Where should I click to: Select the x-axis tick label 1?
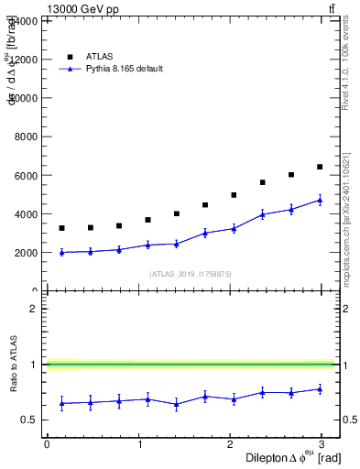click(x=140, y=444)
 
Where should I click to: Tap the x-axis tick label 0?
click(x=47, y=444)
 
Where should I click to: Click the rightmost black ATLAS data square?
click(x=320, y=167)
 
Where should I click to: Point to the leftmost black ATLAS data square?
click(x=61, y=228)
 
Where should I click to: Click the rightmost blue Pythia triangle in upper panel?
click(x=320, y=200)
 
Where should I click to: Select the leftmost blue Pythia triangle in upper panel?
click(x=61, y=252)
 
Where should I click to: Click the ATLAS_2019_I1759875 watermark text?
click(x=191, y=273)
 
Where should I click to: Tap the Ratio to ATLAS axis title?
click(x=12, y=365)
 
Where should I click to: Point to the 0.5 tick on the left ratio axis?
click(x=30, y=420)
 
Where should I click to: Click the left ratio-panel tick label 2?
click(x=33, y=309)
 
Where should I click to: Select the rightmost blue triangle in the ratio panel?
click(x=320, y=388)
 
